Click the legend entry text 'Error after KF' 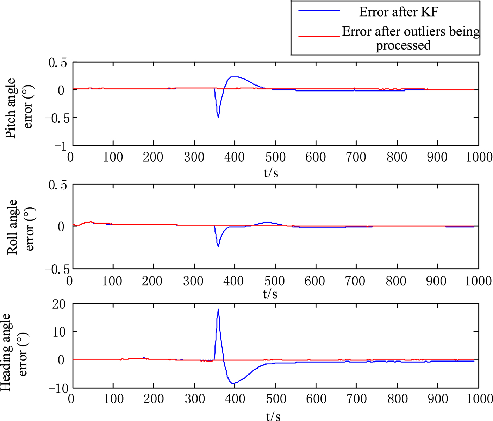click(399, 12)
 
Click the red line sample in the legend click(319, 36)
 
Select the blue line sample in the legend click(319, 11)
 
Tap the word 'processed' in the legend click(403, 45)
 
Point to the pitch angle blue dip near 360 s click(219, 117)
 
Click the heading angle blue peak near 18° click(219, 310)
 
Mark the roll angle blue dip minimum click(219, 246)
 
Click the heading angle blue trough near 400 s click(233, 383)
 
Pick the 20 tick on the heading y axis click(59, 304)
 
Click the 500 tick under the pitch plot click(275, 157)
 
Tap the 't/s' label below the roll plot click(270, 294)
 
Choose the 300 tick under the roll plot click(193, 281)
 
